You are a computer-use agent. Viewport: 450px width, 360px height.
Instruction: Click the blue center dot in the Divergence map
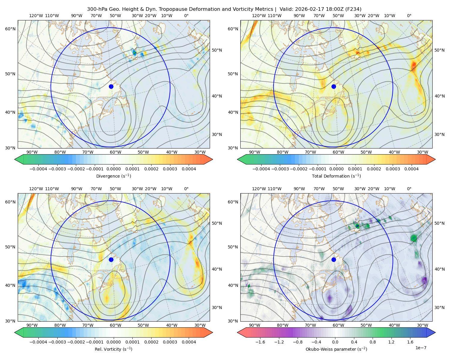111,86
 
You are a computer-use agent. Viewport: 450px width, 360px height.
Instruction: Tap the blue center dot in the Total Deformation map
334,86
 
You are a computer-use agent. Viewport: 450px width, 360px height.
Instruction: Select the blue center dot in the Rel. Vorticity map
111,259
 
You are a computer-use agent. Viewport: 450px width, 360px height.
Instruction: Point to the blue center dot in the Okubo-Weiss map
334,259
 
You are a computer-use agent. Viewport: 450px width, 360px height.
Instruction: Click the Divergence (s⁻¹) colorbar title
113,176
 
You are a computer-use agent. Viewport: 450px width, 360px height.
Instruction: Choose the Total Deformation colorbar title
336,176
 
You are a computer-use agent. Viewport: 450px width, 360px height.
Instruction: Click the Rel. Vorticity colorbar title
113,349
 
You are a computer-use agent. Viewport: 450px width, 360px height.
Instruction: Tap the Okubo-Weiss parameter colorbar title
336,349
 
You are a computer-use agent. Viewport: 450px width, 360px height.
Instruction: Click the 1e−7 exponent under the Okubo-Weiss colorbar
421,348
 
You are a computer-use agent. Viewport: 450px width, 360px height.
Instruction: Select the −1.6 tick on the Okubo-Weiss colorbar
260,342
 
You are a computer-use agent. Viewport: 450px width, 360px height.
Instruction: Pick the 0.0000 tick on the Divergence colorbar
113,169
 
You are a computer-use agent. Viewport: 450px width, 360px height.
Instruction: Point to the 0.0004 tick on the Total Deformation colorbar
411,169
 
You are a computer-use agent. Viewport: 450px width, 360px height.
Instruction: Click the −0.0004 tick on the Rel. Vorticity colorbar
38,342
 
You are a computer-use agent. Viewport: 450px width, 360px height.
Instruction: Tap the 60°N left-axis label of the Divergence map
10,29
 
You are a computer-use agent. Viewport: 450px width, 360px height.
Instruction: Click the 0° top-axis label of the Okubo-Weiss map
409,189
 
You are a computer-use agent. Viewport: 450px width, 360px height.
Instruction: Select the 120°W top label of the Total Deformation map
259,16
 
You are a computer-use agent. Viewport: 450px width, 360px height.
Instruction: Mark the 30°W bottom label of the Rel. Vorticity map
200,325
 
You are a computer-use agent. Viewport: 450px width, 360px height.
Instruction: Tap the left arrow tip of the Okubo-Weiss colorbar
238,332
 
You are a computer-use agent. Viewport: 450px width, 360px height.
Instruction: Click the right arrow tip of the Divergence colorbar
212,159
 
